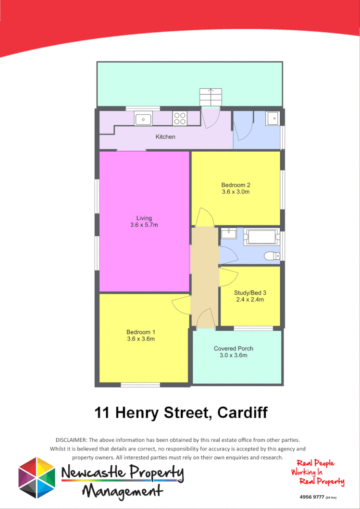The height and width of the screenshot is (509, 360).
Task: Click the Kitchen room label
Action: (165, 137)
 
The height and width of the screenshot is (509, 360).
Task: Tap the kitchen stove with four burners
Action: (180, 118)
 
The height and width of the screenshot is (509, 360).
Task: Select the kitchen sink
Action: (143, 118)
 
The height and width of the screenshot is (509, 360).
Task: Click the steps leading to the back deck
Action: (211, 97)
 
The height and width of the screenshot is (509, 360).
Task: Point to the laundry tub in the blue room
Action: (273, 118)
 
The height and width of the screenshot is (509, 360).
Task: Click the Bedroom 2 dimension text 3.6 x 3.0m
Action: (236, 192)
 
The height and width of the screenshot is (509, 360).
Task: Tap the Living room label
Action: (144, 218)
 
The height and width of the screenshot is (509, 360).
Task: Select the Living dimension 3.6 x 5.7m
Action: (144, 225)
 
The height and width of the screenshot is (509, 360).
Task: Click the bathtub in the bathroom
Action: (261, 236)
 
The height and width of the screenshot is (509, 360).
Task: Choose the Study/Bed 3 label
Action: (250, 292)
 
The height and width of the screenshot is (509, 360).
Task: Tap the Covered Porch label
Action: (234, 349)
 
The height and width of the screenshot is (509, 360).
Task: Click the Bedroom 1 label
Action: (141, 332)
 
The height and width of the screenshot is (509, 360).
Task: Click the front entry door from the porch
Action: (206, 320)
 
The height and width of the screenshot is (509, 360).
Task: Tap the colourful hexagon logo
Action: (37, 477)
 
